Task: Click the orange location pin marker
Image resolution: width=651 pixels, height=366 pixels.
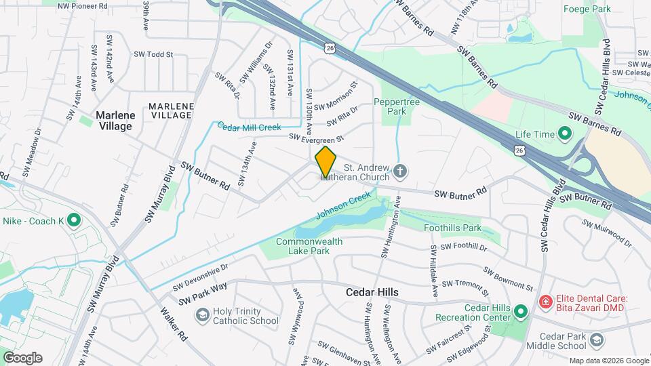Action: click(x=325, y=161)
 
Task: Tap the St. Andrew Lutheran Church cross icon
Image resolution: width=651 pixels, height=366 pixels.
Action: click(x=400, y=171)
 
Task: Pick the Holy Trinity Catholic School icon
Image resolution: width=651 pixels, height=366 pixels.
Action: click(x=202, y=315)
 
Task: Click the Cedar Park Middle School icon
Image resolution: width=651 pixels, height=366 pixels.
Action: click(x=597, y=340)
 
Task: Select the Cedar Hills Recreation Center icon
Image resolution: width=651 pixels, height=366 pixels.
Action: click(x=520, y=312)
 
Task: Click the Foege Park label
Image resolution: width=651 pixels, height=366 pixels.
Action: click(x=587, y=9)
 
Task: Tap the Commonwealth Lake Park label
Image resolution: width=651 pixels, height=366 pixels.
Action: click(x=309, y=246)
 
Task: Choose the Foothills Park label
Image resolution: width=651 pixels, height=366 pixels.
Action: click(x=452, y=228)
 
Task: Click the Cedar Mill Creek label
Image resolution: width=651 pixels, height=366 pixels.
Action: click(x=249, y=127)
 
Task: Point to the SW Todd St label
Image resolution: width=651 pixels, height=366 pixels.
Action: click(x=153, y=54)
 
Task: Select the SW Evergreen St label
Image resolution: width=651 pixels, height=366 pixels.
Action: click(x=317, y=138)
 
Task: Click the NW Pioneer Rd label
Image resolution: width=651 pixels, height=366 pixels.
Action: click(x=83, y=5)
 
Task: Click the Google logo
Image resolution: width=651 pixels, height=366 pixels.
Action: click(x=22, y=357)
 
